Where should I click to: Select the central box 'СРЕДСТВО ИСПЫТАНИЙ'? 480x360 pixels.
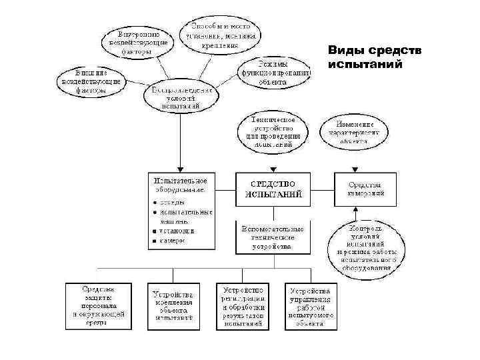coord(274,189)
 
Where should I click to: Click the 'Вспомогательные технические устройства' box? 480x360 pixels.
coord(274,237)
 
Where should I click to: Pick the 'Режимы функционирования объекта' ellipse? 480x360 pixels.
coord(273,72)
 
